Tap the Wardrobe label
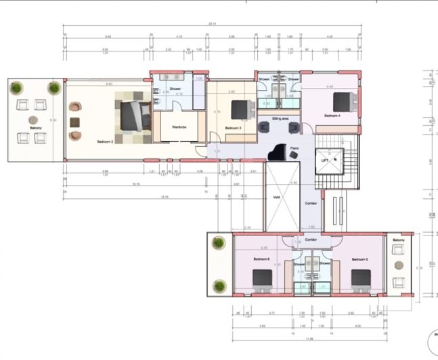(x=179, y=127)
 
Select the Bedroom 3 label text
(x=232, y=127)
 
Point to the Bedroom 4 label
(x=333, y=116)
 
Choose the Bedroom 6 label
(x=262, y=259)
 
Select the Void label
(x=276, y=198)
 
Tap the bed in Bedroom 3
(x=240, y=110)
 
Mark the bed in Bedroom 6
(x=262, y=278)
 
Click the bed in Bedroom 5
(x=360, y=278)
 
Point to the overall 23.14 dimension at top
(x=212, y=25)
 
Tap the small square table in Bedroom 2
(x=74, y=122)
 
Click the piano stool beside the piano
(x=293, y=154)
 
